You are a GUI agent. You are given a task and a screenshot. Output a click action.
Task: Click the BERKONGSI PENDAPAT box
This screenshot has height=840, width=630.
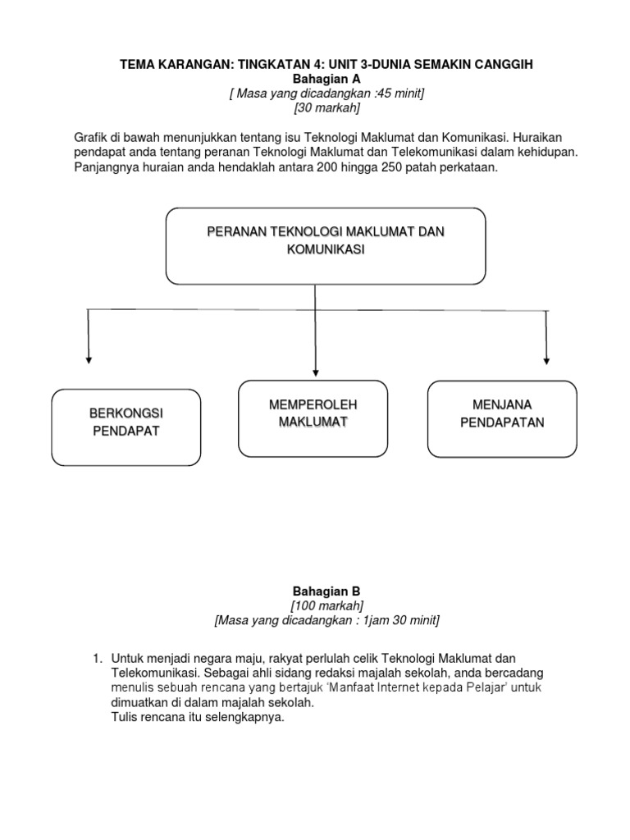pos(126,427)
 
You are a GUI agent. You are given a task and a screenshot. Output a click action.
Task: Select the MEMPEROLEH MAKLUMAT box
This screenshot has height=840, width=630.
pos(313,418)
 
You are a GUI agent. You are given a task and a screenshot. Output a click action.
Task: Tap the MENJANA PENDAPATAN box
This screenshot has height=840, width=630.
pos(502,418)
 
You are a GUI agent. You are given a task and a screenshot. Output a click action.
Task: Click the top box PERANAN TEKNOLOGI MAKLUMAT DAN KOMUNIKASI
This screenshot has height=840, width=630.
pos(326,245)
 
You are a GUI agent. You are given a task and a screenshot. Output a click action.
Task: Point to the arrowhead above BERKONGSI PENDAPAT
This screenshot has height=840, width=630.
pos(88,358)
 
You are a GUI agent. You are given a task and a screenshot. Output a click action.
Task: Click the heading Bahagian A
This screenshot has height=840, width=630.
pos(326,80)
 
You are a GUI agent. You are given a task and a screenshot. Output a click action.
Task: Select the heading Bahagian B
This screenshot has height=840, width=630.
pos(326,591)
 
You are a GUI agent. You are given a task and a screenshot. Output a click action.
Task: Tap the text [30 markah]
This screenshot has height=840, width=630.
pos(326,108)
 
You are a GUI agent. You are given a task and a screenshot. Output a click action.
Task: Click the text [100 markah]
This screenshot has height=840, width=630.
pos(326,605)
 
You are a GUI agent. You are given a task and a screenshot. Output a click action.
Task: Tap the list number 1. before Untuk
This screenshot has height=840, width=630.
pos(97,658)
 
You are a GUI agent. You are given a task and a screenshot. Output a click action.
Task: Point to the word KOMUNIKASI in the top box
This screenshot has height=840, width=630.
pos(326,252)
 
